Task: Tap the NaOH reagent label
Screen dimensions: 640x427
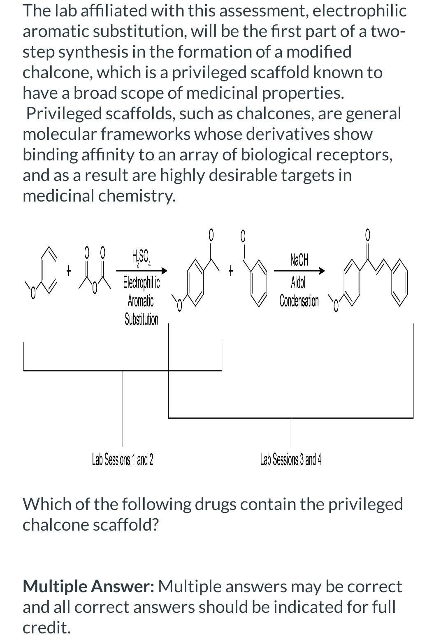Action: (299, 260)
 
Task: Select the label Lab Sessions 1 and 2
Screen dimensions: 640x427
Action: (123, 459)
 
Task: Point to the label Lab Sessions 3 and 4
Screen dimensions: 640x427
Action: (291, 459)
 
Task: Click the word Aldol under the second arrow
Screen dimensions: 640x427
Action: (298, 282)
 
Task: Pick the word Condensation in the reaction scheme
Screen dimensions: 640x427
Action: (299, 301)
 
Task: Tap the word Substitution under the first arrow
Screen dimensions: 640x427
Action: (142, 319)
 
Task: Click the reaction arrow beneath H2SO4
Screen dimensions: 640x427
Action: (142, 271)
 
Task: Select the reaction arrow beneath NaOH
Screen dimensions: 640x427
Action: (299, 271)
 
